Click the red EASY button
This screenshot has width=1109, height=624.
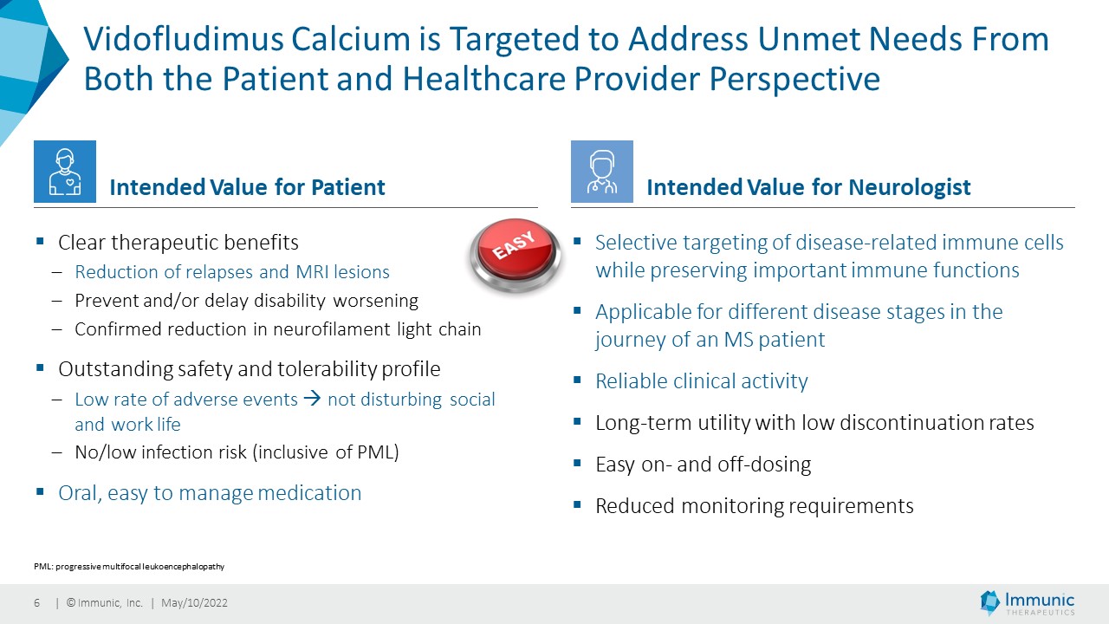pyautogui.click(x=515, y=255)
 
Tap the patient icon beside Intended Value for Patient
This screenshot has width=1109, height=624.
pyautogui.click(x=65, y=172)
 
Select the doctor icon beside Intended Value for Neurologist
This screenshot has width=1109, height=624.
pyautogui.click(x=602, y=172)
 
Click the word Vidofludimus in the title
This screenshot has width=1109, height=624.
pyautogui.click(x=184, y=39)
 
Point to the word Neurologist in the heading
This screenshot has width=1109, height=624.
pyautogui.click(x=910, y=188)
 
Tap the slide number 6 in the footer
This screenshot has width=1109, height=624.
pyautogui.click(x=36, y=602)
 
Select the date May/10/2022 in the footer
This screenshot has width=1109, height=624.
pyautogui.click(x=195, y=602)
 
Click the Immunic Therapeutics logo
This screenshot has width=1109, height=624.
pyautogui.click(x=1028, y=602)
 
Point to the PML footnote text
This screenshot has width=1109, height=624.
pyautogui.click(x=129, y=566)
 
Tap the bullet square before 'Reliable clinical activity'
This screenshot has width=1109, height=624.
pyautogui.click(x=577, y=380)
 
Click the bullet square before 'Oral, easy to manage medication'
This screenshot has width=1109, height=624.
pyautogui.click(x=40, y=491)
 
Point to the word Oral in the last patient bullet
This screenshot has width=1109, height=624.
pyautogui.click(x=80, y=493)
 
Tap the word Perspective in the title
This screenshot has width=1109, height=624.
pyautogui.click(x=794, y=79)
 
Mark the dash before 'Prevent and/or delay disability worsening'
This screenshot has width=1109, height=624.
pyautogui.click(x=57, y=301)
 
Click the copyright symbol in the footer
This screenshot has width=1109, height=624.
pyautogui.click(x=71, y=602)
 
